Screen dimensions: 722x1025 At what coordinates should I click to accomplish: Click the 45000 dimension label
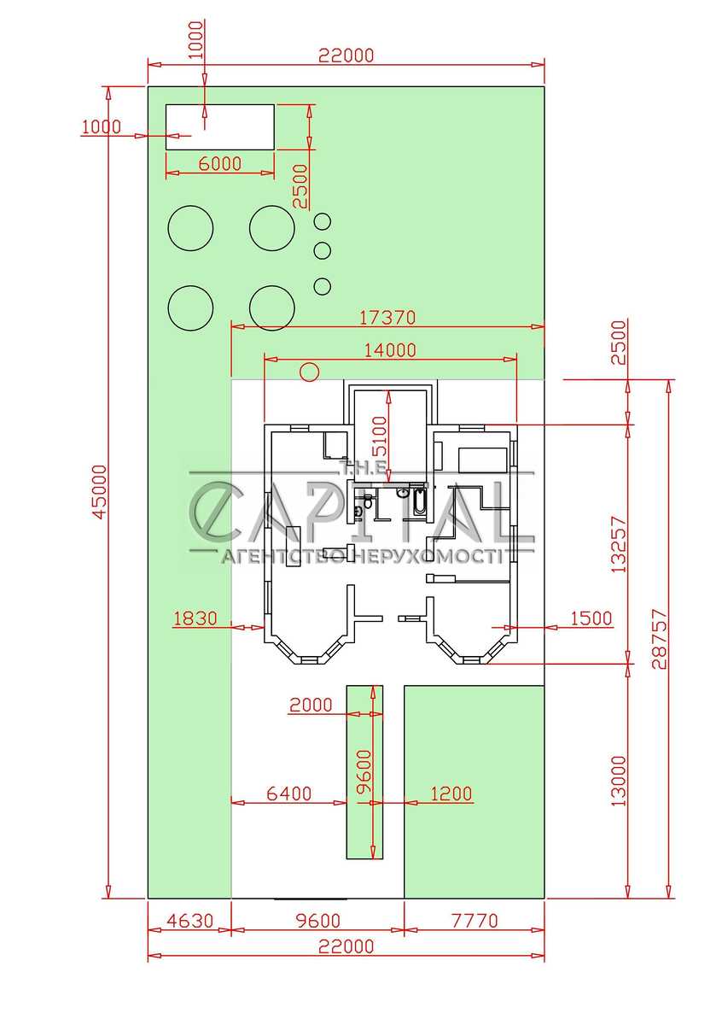pyautogui.click(x=100, y=492)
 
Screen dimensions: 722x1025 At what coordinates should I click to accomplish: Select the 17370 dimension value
pyautogui.click(x=387, y=318)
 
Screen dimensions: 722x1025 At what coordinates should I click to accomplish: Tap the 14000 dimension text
pyautogui.click(x=390, y=350)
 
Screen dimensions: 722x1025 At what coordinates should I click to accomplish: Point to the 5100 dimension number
pyautogui.click(x=380, y=436)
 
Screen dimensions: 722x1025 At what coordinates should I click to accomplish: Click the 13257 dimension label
pyautogui.click(x=619, y=545)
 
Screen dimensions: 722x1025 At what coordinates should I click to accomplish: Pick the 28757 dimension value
pyautogui.click(x=659, y=638)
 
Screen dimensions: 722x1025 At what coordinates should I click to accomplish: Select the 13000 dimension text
pyautogui.click(x=619, y=781)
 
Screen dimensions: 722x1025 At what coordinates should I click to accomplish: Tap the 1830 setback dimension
pyautogui.click(x=195, y=618)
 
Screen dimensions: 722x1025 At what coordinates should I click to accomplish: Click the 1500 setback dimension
pyautogui.click(x=591, y=618)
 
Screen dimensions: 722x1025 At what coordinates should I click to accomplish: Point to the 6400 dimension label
pyautogui.click(x=289, y=794)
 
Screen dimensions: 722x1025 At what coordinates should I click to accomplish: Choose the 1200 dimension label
pyautogui.click(x=451, y=794)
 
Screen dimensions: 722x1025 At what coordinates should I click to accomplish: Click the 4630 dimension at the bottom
pyautogui.click(x=190, y=920)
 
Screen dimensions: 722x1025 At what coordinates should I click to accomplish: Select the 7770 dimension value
pyautogui.click(x=475, y=920)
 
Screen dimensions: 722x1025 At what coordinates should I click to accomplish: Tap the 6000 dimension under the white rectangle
pyautogui.click(x=220, y=163)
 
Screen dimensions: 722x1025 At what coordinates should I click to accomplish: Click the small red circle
pyautogui.click(x=310, y=372)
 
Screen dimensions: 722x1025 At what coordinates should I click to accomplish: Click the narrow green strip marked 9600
pyautogui.click(x=364, y=772)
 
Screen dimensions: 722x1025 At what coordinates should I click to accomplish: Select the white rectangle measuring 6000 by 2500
pyautogui.click(x=220, y=127)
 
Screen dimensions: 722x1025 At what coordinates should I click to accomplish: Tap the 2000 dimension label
pyautogui.click(x=311, y=705)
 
